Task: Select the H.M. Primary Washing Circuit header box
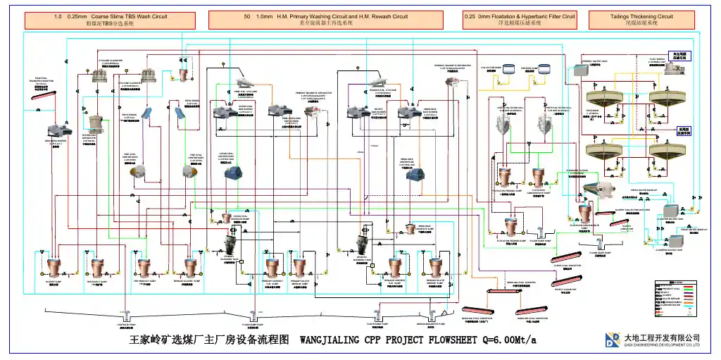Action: pos(325,20)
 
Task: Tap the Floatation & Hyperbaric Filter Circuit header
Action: pos(520,20)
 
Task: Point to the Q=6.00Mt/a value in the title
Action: pos(504,340)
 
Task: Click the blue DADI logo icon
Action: pos(612,340)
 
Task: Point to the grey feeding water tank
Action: pos(596,70)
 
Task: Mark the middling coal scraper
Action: pos(529,289)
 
